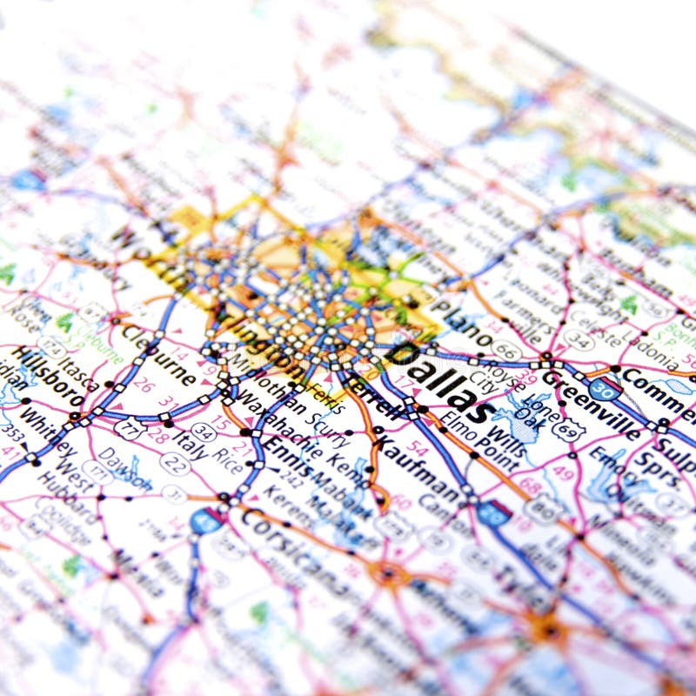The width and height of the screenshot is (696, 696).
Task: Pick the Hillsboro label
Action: (48, 378)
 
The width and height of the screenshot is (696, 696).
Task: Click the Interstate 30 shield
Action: (605, 389)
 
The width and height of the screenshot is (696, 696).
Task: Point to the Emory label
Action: (613, 465)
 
